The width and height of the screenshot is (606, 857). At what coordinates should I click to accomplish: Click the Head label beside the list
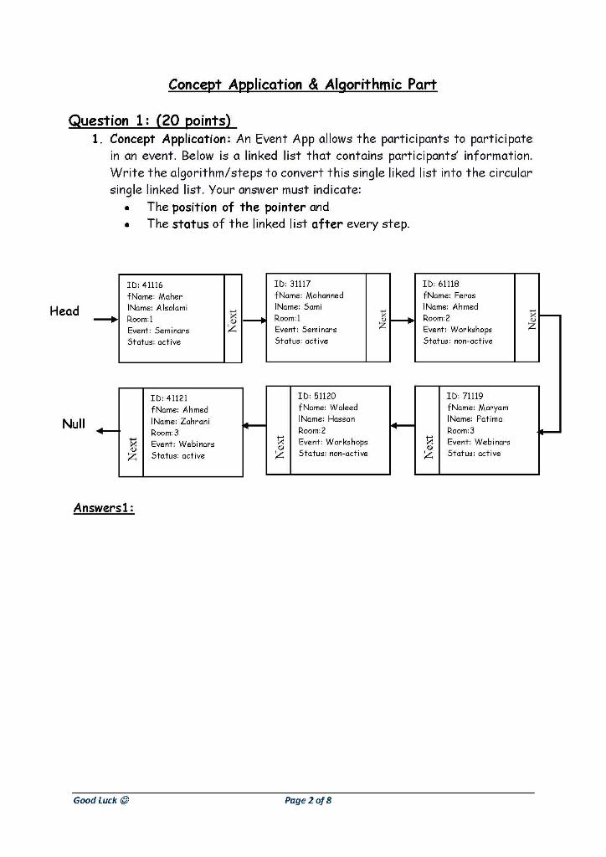coord(64,311)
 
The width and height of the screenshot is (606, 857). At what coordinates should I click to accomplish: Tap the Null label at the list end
coord(74,423)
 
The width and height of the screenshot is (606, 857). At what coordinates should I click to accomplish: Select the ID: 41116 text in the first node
coord(145,285)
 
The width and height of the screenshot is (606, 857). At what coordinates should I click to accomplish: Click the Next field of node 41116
coord(233,319)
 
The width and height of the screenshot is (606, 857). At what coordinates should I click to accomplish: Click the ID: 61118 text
coord(441,284)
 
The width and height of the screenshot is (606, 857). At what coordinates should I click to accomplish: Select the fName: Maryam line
coord(478,408)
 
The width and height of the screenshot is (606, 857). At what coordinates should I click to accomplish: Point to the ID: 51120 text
coord(317,396)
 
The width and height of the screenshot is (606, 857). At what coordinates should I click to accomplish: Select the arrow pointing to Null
coord(107,431)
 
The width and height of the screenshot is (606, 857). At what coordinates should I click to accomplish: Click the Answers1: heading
coord(104,508)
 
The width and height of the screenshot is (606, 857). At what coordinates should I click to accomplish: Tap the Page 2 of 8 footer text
coord(308,800)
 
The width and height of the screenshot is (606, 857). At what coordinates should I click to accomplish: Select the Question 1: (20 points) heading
coord(149,121)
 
